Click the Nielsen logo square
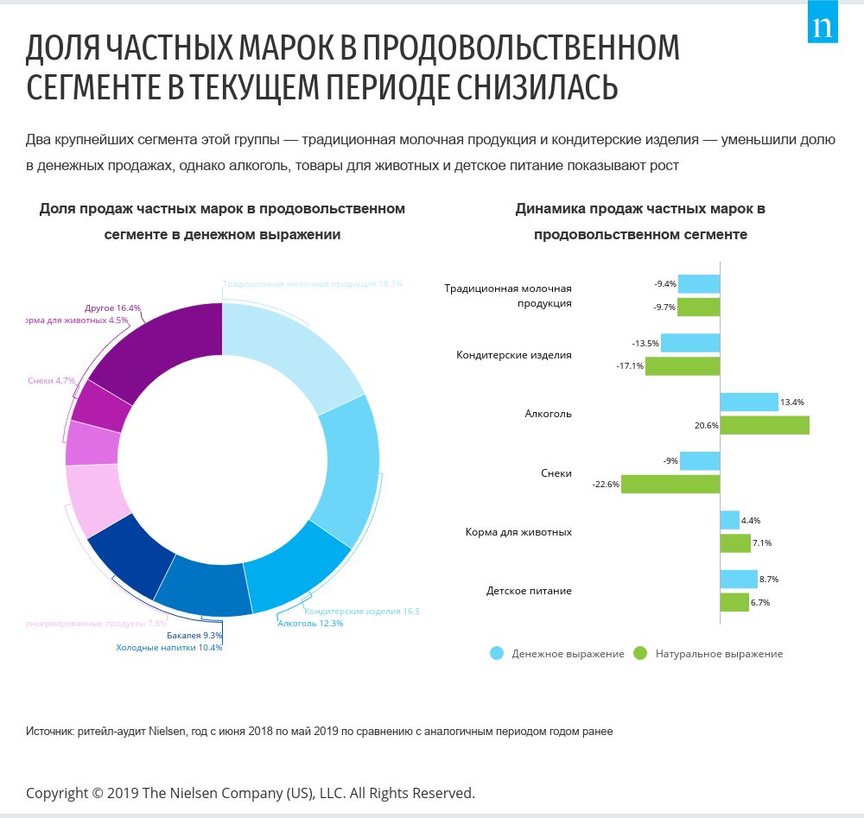coord(823,27)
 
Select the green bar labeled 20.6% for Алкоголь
coord(764,425)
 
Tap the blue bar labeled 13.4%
coord(749,402)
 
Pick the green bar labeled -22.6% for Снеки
coord(670,484)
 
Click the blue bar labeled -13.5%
coord(689,343)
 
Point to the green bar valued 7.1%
coord(734,543)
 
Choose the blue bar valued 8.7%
coord(738,579)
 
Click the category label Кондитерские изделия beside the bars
coord(514,355)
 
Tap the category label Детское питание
coord(529,591)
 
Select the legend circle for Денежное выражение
coord(497,653)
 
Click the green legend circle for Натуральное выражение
coord(640,653)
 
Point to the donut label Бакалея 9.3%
coord(194,636)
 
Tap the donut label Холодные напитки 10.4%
coord(169,647)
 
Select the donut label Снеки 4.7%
coord(51,380)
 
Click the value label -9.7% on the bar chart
coord(665,307)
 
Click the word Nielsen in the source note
coord(167,732)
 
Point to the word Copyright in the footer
coord(57,792)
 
